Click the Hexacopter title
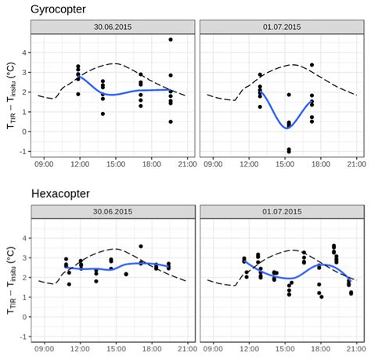(62, 194)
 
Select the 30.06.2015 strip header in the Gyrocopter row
(113, 27)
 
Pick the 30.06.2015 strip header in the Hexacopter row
(113, 212)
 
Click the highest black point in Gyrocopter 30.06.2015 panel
(171, 39)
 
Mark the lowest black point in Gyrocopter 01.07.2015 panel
(289, 151)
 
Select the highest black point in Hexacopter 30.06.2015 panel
(141, 247)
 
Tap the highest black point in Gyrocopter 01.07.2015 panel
(312, 65)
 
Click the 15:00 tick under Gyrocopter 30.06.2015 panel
(116, 164)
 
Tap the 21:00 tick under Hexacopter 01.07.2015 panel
(356, 350)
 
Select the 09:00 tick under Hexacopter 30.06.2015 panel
(44, 350)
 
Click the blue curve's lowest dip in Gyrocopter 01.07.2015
(287, 128)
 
